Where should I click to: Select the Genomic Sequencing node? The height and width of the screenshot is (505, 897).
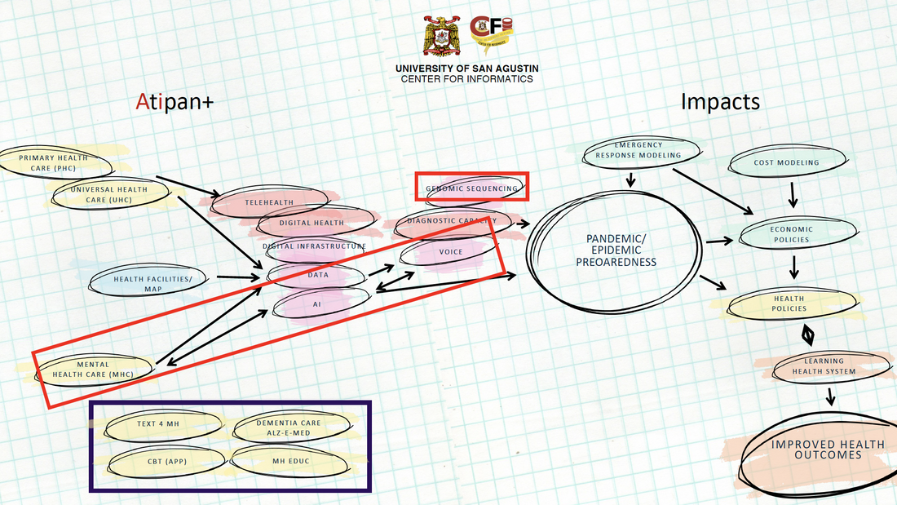tap(471, 188)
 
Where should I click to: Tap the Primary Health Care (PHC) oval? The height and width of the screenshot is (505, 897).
tap(47, 162)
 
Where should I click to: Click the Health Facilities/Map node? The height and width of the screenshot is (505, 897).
tap(152, 282)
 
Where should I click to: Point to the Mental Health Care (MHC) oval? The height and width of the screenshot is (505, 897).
tap(93, 370)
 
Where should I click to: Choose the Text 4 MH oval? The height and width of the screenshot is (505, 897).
tap(157, 423)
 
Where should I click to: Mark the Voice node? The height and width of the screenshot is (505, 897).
tap(450, 252)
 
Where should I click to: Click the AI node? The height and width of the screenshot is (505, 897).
tap(317, 303)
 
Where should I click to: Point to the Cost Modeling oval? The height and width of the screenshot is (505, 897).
tap(786, 163)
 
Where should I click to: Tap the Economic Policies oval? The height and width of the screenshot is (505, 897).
tap(789, 234)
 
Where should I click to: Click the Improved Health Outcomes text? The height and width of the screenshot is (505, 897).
tap(828, 450)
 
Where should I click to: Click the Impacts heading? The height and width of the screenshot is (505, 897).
tap(720, 102)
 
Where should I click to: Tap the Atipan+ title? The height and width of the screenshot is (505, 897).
tap(175, 103)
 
